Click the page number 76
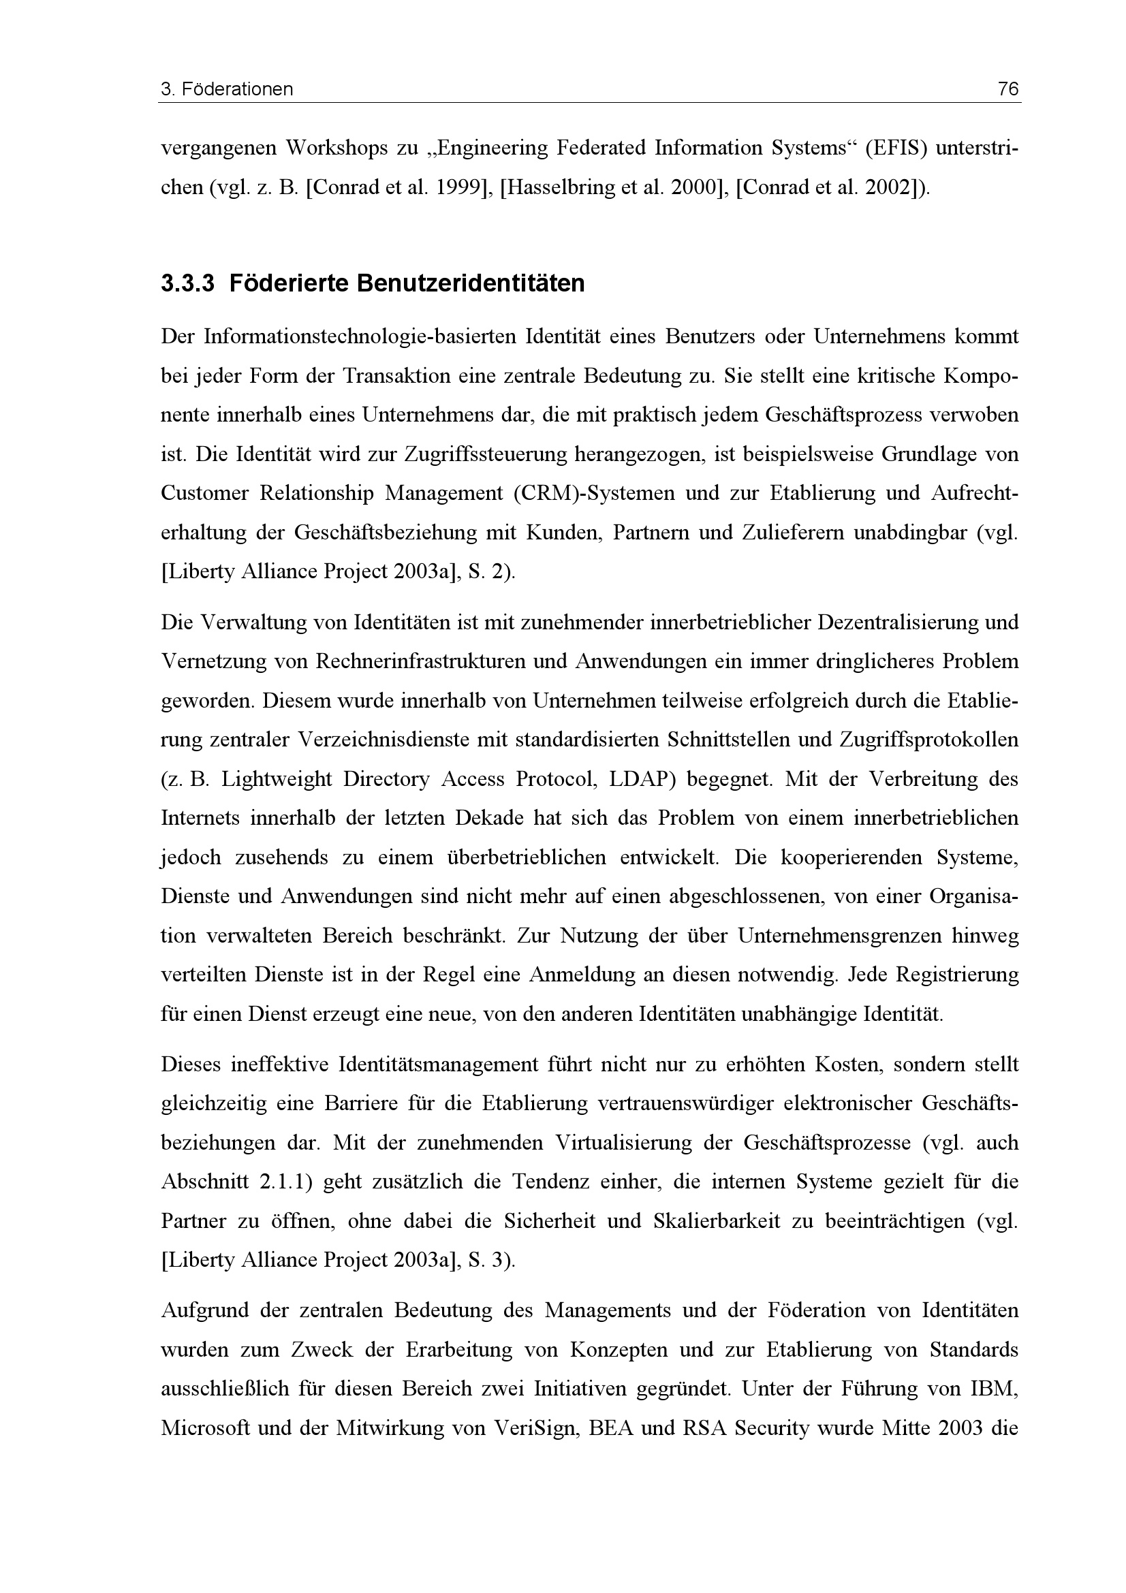coord(1008,89)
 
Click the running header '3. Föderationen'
coord(227,89)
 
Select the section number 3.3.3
coord(187,284)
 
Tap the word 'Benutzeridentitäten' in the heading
coord(470,284)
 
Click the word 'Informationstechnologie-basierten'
coord(358,337)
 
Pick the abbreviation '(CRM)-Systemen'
coord(594,493)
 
